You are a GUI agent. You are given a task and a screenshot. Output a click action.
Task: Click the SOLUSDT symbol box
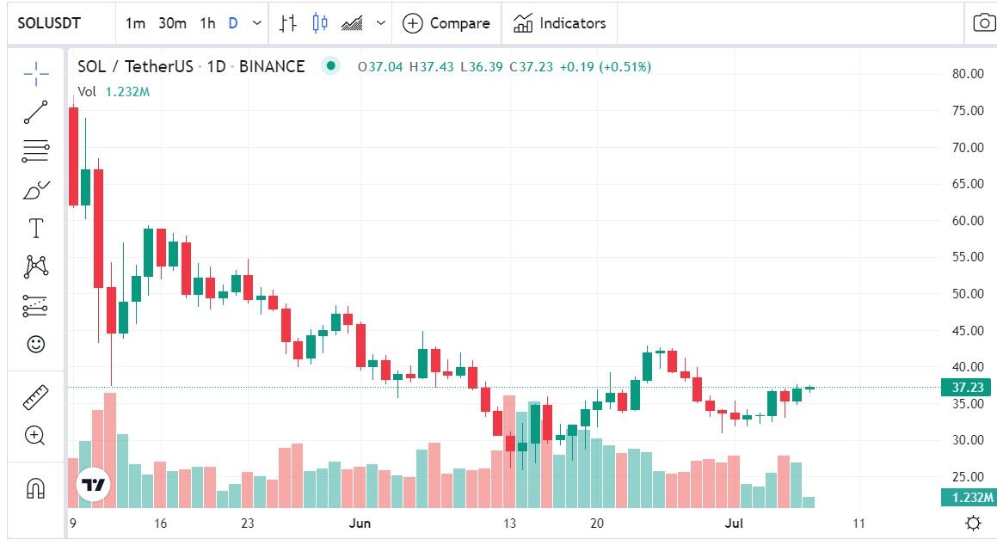pyautogui.click(x=50, y=23)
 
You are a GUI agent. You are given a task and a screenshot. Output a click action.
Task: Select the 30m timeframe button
pyautogui.click(x=172, y=23)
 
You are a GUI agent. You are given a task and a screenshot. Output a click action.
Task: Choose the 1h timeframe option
pyautogui.click(x=207, y=23)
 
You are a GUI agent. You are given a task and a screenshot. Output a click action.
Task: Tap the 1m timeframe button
pyautogui.click(x=135, y=23)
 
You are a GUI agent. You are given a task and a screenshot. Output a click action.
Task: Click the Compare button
pyautogui.click(x=446, y=23)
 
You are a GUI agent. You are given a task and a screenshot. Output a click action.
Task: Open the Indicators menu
pyautogui.click(x=560, y=23)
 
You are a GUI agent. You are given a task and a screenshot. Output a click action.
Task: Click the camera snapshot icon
pyautogui.click(x=983, y=23)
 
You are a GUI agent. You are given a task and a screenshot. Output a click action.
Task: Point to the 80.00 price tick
pyautogui.click(x=968, y=74)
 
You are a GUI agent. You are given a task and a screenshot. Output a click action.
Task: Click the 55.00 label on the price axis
pyautogui.click(x=968, y=257)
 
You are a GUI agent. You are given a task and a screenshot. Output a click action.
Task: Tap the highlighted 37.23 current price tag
pyautogui.click(x=967, y=388)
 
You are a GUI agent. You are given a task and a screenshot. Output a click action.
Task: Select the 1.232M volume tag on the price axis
pyautogui.click(x=967, y=498)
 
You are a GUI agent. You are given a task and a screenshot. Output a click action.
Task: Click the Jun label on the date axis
pyautogui.click(x=359, y=523)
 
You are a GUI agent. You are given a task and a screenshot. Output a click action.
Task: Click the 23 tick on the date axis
pyautogui.click(x=248, y=523)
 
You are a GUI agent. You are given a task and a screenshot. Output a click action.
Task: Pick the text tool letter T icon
pyautogui.click(x=36, y=229)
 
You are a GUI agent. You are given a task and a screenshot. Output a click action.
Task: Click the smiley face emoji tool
pyautogui.click(x=36, y=344)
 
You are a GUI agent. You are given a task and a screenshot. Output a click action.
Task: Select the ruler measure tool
pyautogui.click(x=36, y=397)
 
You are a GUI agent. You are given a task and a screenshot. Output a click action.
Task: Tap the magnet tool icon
pyautogui.click(x=36, y=488)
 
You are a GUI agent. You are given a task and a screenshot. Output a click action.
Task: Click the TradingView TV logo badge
pyautogui.click(x=93, y=485)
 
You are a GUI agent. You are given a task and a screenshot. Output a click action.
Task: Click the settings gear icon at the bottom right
pyautogui.click(x=973, y=523)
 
